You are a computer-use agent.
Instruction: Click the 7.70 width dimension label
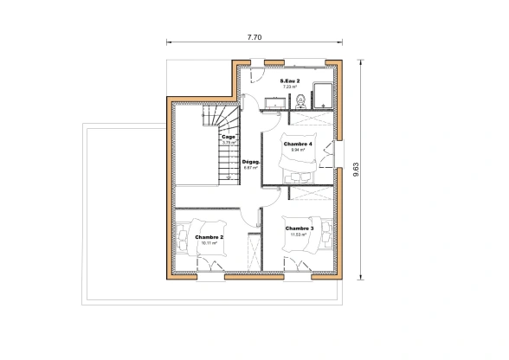tap(254, 37)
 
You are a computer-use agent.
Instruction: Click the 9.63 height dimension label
tap(356, 170)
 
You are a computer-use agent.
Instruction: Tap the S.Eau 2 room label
tap(290, 80)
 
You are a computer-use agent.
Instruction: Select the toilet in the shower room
tap(299, 101)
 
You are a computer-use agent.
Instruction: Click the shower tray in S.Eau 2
tap(321, 94)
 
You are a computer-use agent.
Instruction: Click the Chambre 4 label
tap(298, 144)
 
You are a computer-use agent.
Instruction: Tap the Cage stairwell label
tap(229, 137)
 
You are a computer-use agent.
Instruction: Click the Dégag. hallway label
tap(251, 162)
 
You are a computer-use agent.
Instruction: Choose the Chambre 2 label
tap(209, 237)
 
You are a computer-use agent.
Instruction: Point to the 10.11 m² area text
tap(209, 243)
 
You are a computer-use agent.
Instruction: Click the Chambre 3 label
tap(300, 228)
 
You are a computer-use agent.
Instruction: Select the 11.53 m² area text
tap(300, 235)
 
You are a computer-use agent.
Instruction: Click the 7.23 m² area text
tap(290, 87)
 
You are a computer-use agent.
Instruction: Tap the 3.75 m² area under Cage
tap(229, 143)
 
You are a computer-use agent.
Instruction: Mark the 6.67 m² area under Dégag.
tap(251, 168)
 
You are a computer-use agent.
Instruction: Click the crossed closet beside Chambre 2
tap(254, 252)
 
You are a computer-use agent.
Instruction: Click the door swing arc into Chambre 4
tap(271, 144)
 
